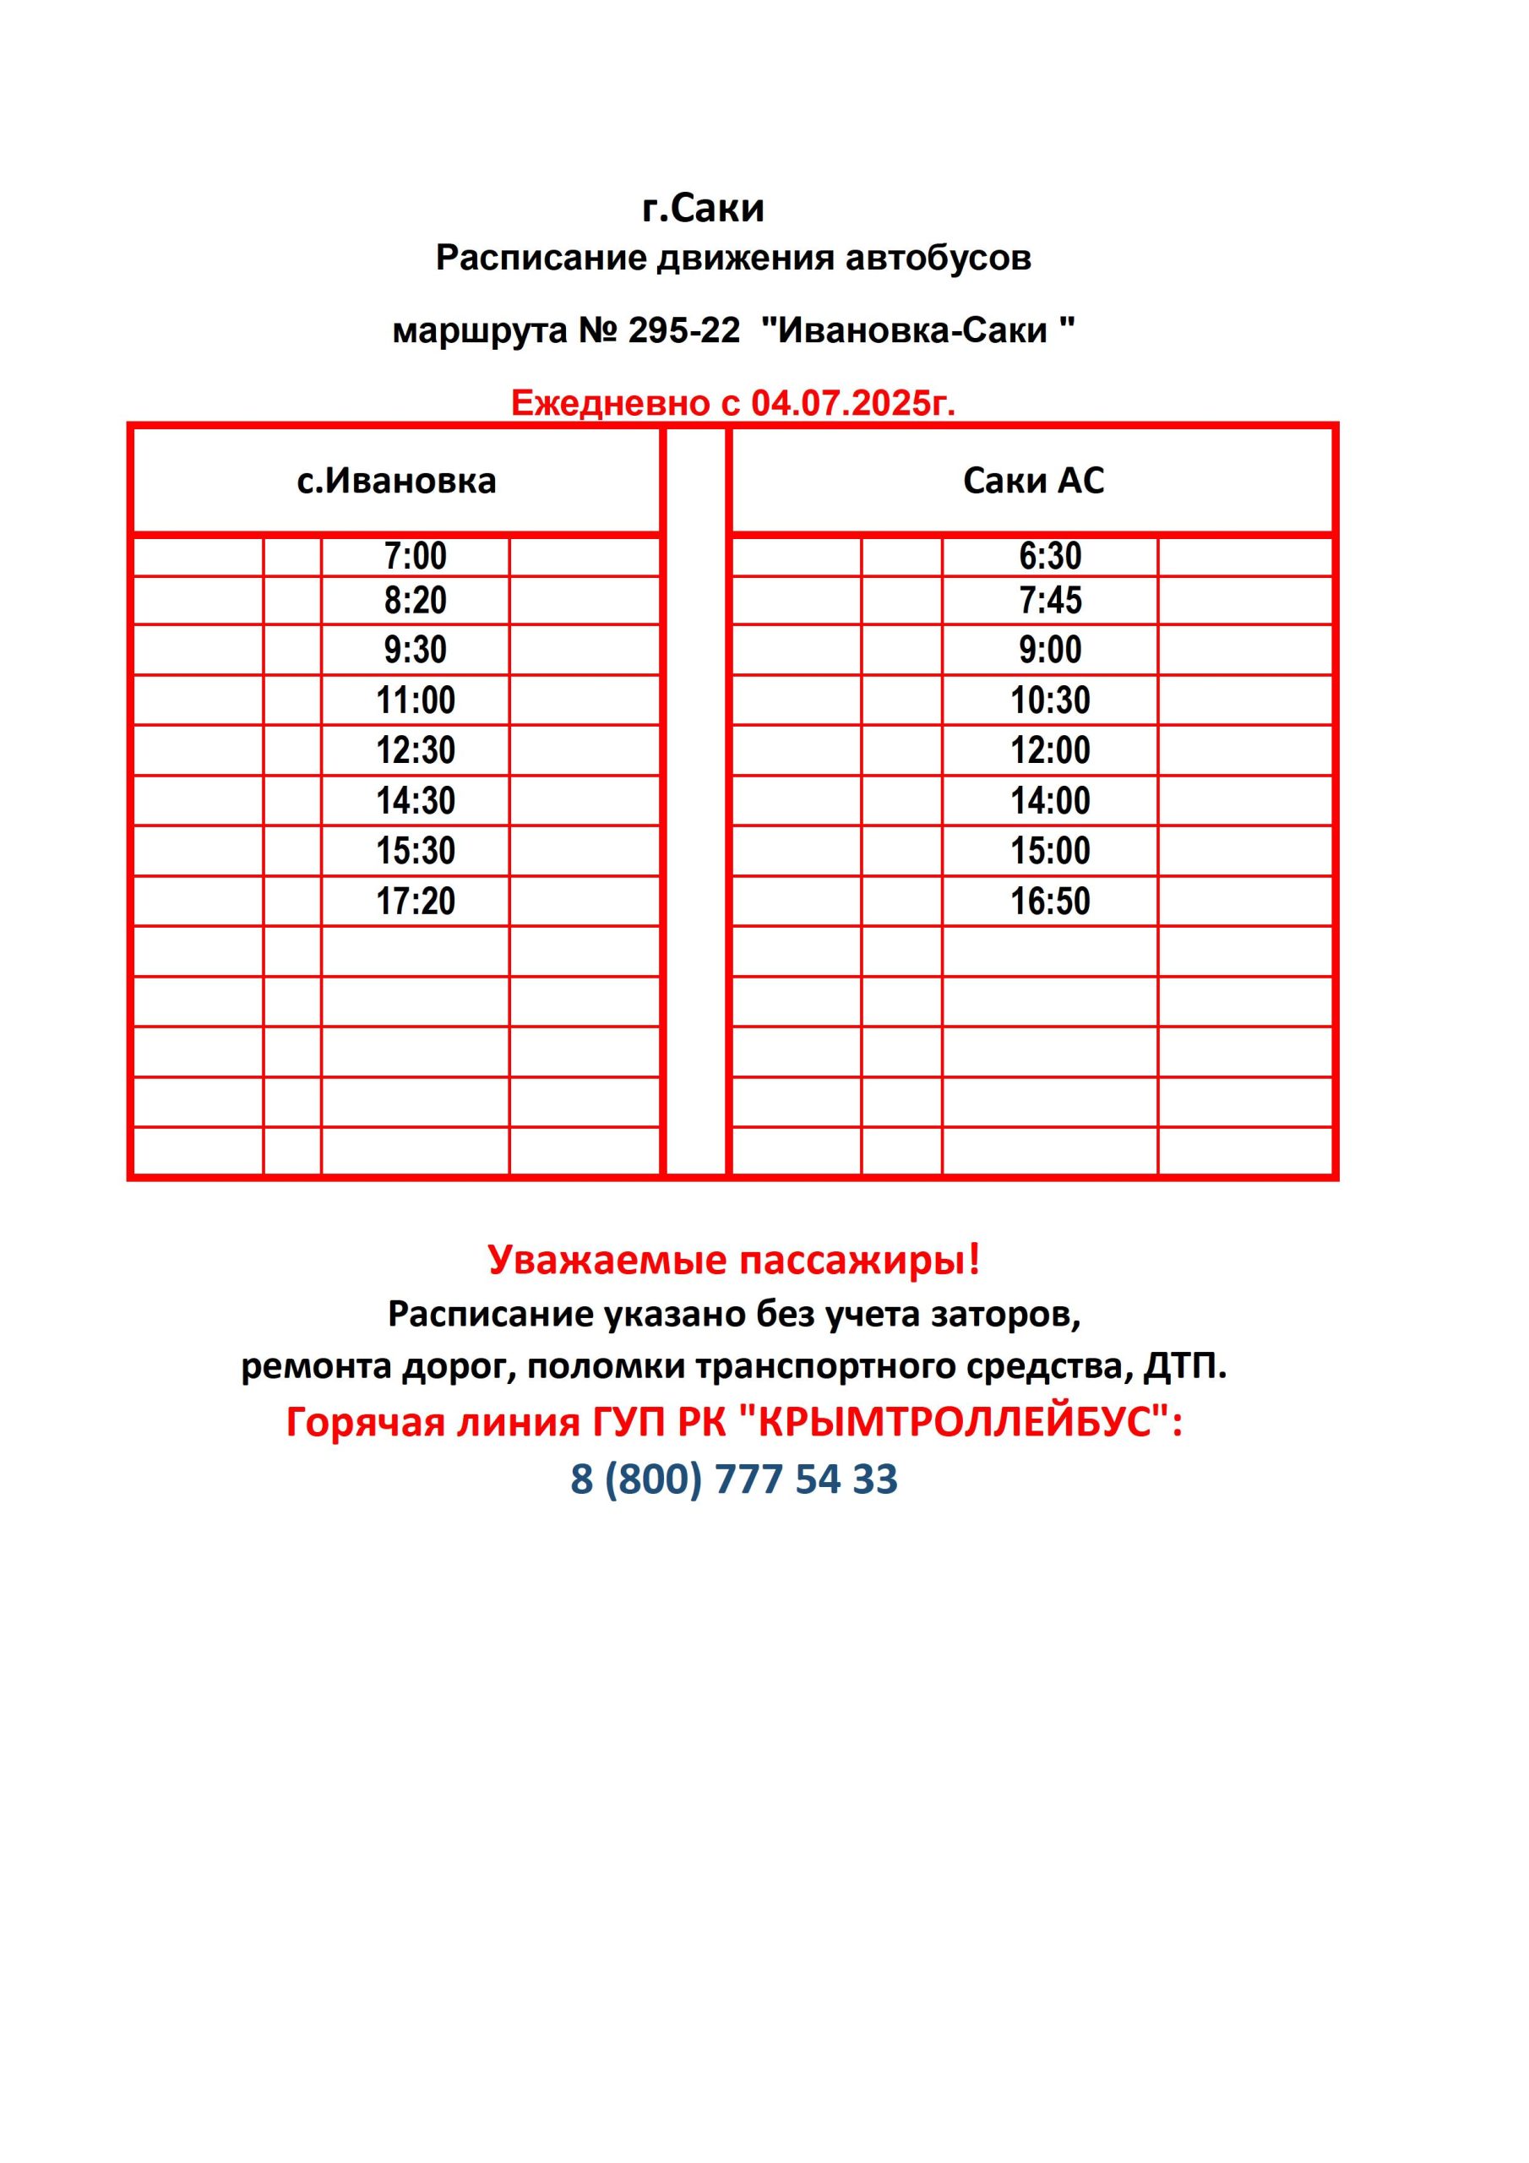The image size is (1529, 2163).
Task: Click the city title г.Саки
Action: click(x=703, y=208)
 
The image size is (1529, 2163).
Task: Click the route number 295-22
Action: click(x=684, y=330)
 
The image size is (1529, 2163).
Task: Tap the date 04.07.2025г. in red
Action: click(x=852, y=403)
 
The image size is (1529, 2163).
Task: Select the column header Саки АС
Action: click(x=1032, y=482)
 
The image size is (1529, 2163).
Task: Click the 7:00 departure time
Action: click(x=416, y=557)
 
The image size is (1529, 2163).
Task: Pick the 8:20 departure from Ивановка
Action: click(x=416, y=601)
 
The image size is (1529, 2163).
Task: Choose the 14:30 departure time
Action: click(x=416, y=802)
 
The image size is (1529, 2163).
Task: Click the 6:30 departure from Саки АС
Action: click(x=1049, y=557)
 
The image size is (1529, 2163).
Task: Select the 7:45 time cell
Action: click(x=1049, y=601)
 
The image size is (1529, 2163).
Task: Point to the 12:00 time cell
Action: click(x=1049, y=751)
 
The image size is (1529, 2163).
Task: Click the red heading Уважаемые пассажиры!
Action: click(x=734, y=1260)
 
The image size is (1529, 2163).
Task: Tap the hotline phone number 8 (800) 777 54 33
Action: click(x=734, y=1479)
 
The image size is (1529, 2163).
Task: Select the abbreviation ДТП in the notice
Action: click(x=1183, y=1366)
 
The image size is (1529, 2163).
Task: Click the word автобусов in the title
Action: click(x=938, y=259)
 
